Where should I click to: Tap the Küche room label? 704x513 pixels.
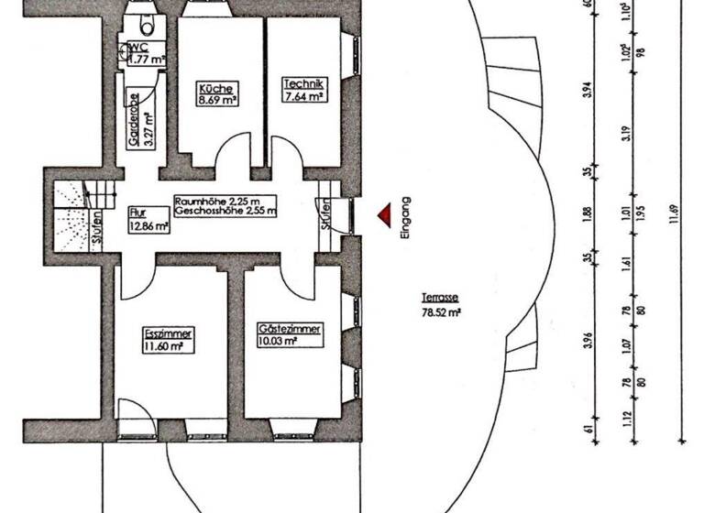209,88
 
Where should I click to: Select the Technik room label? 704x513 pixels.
302,82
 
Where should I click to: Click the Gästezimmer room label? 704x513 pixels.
290,328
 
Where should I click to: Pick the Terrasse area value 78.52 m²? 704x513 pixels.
440,311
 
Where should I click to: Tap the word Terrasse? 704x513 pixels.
440,298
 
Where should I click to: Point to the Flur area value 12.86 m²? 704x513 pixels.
148,224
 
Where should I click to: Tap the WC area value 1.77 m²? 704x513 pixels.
145,60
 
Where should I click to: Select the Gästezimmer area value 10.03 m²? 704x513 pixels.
277,342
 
